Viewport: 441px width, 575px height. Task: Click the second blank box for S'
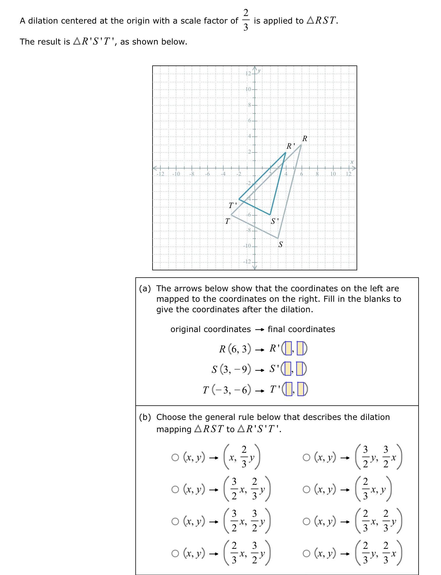[301, 369]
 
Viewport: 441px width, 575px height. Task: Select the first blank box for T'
[288, 389]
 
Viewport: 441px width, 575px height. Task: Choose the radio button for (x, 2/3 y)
[175, 458]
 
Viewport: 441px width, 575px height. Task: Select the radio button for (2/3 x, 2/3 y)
[306, 521]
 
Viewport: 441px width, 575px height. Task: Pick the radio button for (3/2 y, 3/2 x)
[306, 458]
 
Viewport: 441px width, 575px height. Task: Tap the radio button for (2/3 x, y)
[306, 490]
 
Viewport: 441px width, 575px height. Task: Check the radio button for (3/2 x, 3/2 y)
[175, 521]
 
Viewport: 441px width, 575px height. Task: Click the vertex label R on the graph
[304, 139]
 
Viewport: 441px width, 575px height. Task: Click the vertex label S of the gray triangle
[280, 244]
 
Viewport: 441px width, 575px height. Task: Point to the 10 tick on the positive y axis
[248, 89]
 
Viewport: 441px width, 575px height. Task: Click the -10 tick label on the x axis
[176, 174]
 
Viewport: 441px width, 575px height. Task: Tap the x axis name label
[352, 162]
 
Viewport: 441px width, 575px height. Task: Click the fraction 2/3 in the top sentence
[246, 20]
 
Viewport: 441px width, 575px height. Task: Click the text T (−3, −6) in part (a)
[227, 390]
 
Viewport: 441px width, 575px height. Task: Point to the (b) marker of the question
[145, 417]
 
